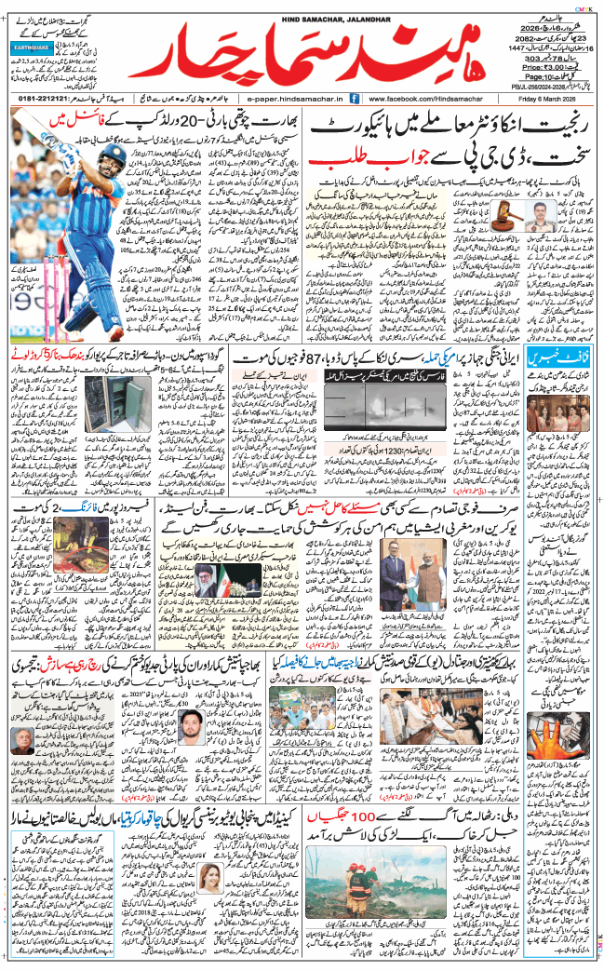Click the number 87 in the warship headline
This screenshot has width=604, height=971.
click(329, 357)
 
